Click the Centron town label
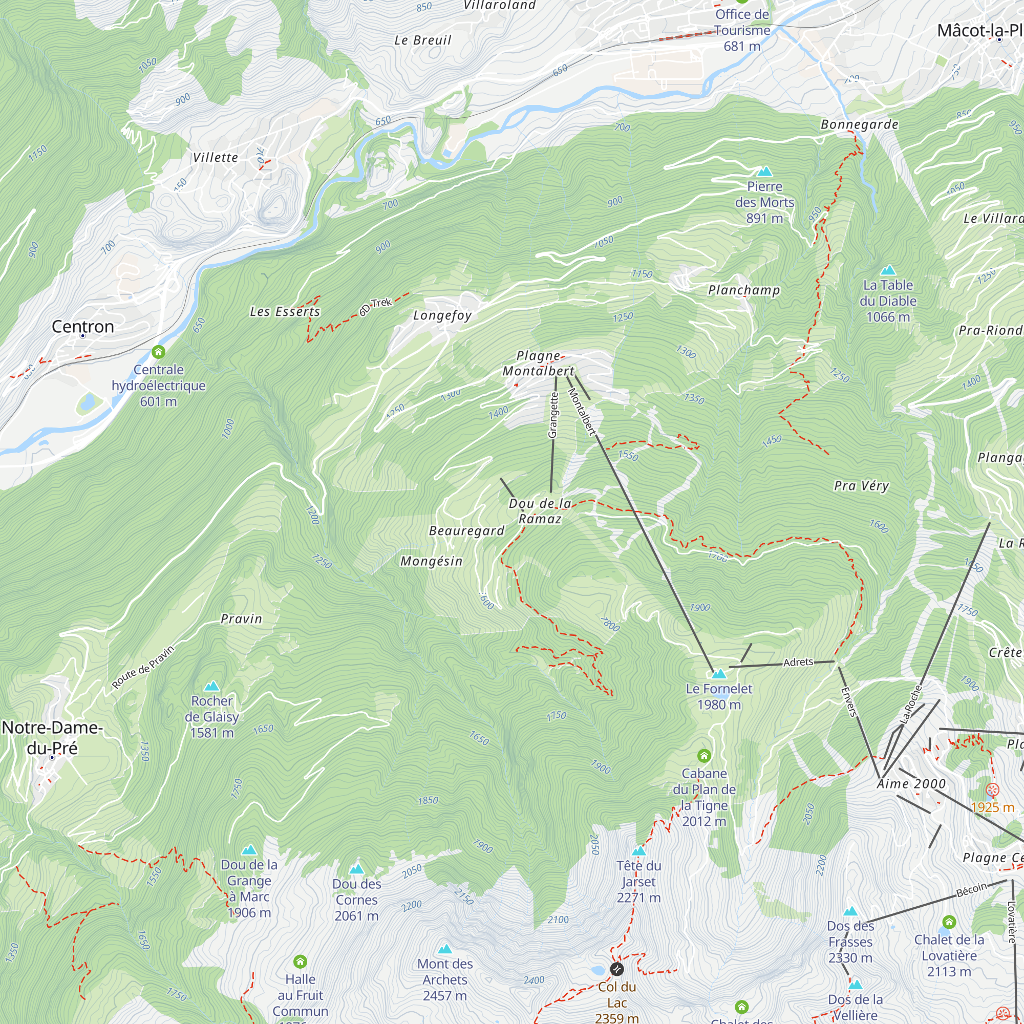82,327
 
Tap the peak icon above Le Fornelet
719,674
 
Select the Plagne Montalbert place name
538,364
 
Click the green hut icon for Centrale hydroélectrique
159,351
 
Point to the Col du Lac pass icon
617,969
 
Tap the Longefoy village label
442,315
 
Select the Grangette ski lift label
553,415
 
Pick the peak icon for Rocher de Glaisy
211,687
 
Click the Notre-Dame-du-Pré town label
52,737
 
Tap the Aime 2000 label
911,784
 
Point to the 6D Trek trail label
375,306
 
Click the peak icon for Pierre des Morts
764,171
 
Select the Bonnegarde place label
859,124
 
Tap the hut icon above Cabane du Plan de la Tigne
704,755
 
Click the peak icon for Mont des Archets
445,949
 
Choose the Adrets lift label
798,662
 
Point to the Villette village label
215,157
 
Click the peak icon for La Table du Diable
888,270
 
